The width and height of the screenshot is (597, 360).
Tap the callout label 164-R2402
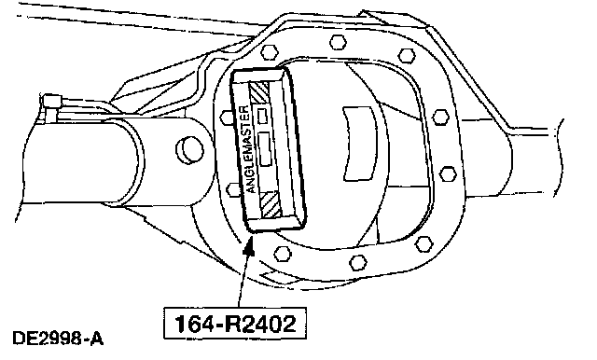[235, 324]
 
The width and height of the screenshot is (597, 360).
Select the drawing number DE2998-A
[58, 339]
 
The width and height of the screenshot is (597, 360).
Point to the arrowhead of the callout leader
[249, 246]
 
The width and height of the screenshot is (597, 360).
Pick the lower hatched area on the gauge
[271, 204]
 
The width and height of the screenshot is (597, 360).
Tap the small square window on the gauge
[262, 116]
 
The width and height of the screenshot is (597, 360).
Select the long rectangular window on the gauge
[265, 149]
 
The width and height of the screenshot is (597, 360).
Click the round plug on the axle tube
[189, 149]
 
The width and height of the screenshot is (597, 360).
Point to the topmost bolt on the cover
[338, 42]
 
